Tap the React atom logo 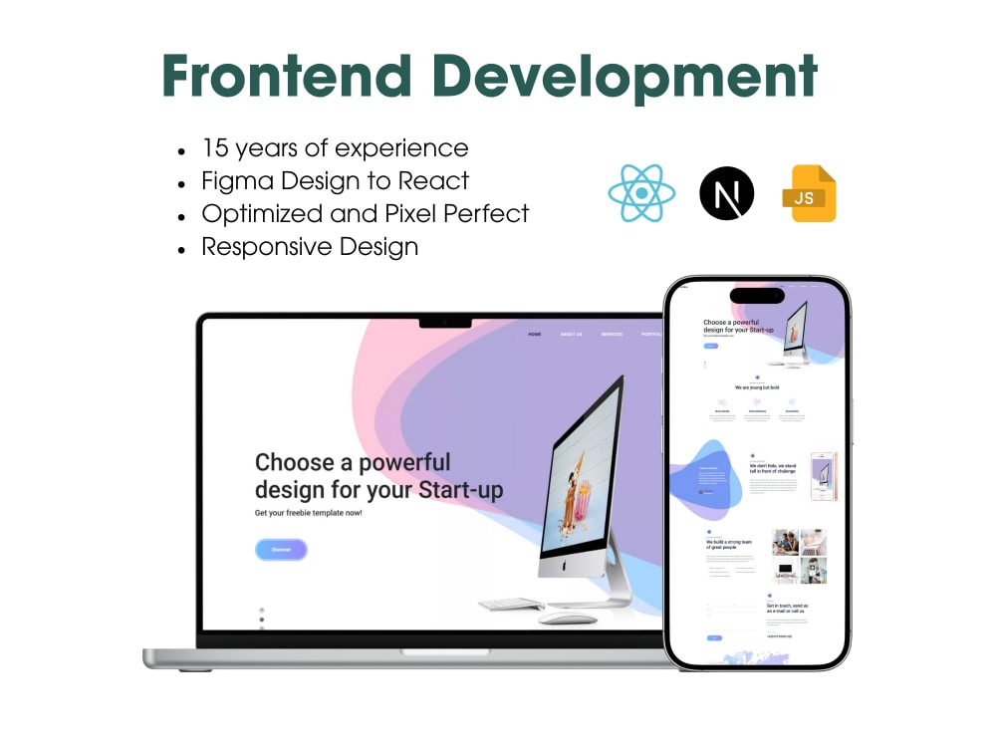[x=641, y=193]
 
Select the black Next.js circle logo [x=727, y=193]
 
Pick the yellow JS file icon [x=810, y=193]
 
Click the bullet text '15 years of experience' [x=335, y=148]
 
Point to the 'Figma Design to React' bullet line [x=335, y=181]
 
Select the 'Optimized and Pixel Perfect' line [x=365, y=214]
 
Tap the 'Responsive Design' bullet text [x=310, y=247]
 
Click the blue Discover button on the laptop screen [x=281, y=549]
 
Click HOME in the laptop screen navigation [x=535, y=335]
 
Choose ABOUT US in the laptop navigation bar [x=572, y=335]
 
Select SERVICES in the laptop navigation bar [x=612, y=335]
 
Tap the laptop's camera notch [x=445, y=322]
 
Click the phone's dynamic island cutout [x=757, y=296]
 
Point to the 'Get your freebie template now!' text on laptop [x=309, y=513]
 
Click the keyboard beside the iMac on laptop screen [x=512, y=604]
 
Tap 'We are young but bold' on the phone [x=757, y=387]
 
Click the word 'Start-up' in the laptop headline [x=460, y=490]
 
